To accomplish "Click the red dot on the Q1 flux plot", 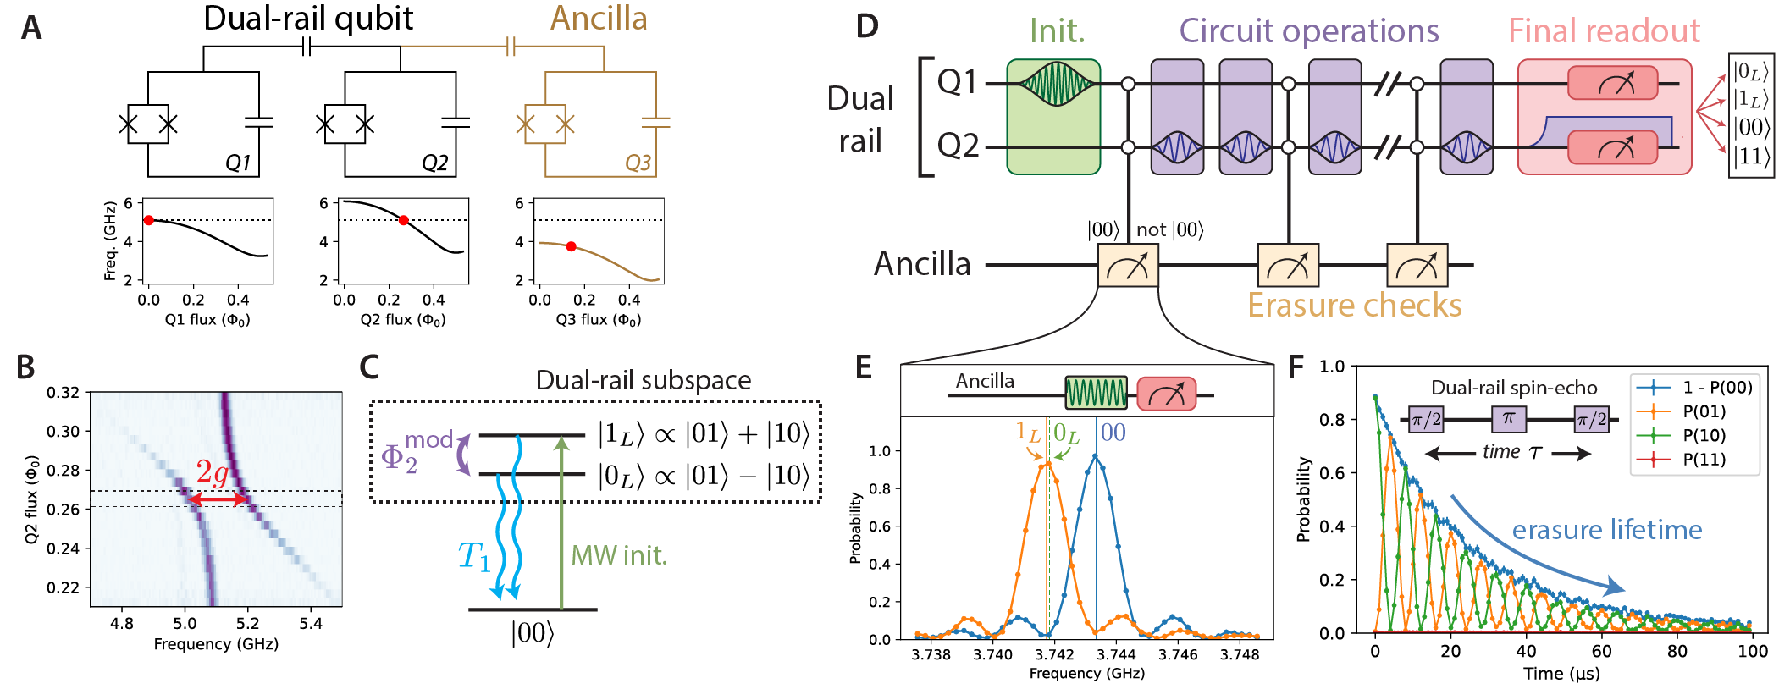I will tap(149, 220).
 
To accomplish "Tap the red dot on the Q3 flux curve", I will tap(572, 246).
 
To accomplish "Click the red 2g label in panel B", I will tap(212, 472).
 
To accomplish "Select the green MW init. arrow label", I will tap(619, 555).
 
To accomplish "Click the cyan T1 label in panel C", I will tap(474, 557).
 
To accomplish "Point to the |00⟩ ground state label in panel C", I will tap(532, 633).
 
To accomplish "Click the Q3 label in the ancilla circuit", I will tap(638, 163).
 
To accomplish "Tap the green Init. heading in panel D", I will tap(1057, 31).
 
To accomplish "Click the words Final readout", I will tap(1604, 31).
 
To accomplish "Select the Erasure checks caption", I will tap(1355, 306).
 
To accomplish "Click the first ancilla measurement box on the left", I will tap(1128, 265).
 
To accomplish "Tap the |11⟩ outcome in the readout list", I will tap(1750, 157).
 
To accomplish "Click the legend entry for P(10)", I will tap(1704, 435).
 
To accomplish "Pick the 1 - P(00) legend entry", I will tap(1716, 387).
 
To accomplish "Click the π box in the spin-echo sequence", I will tap(1508, 418).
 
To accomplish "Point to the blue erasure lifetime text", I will tap(1606, 530).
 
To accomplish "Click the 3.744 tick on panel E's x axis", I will tap(1116, 654).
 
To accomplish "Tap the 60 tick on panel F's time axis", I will tap(1601, 651).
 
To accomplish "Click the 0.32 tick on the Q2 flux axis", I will tap(63, 393).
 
